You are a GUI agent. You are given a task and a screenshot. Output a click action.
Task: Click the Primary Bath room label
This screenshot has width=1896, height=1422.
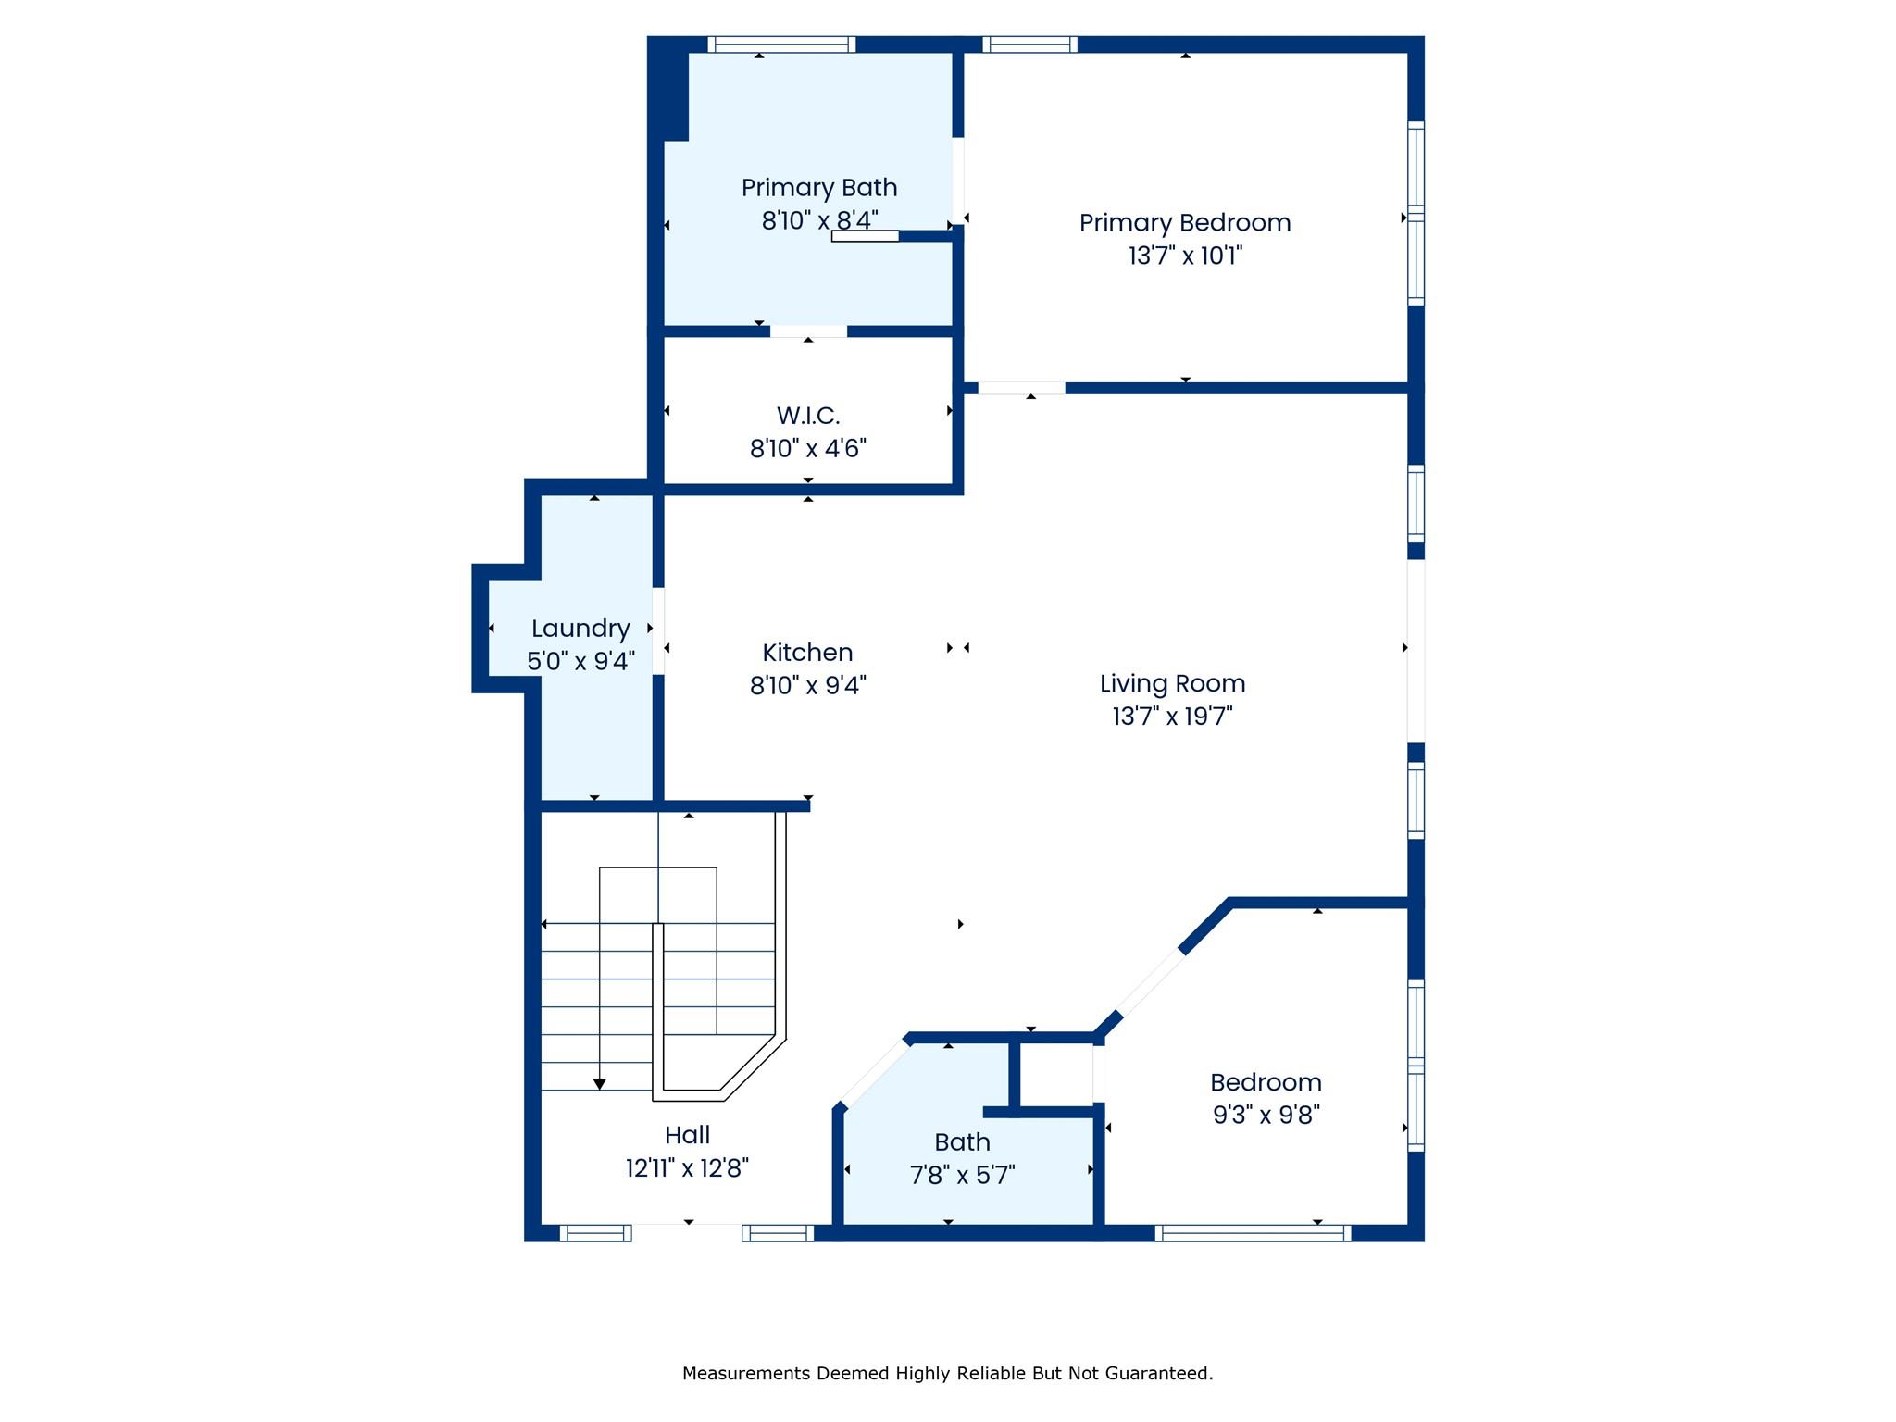[818, 188]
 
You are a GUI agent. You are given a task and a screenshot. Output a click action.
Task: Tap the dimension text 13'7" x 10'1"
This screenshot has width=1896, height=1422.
[1184, 256]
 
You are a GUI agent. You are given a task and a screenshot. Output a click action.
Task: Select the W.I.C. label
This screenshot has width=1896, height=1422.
[807, 415]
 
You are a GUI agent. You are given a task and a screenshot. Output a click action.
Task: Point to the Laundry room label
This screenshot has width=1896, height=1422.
[580, 629]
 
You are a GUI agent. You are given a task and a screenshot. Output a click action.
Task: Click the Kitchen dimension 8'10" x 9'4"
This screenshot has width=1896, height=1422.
[807, 686]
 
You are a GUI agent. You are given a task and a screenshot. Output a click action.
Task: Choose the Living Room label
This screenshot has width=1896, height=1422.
[1172, 683]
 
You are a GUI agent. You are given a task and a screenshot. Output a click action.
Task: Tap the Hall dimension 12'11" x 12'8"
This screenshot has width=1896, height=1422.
[687, 1168]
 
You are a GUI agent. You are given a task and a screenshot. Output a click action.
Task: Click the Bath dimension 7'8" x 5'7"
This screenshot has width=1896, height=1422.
[962, 1176]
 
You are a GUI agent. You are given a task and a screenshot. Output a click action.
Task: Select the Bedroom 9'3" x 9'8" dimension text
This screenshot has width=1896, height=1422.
[1266, 1115]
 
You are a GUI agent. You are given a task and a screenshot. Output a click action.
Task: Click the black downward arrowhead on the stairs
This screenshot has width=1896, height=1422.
[599, 1084]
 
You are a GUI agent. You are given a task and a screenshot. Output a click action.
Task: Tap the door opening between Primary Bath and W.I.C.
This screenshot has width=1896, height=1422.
[808, 331]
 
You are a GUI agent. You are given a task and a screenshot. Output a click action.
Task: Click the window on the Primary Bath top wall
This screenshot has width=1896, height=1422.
[781, 44]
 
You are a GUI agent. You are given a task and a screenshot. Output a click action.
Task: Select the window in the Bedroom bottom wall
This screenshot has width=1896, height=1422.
[1253, 1232]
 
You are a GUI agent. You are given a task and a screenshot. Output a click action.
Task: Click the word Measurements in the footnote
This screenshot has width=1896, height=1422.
[745, 1374]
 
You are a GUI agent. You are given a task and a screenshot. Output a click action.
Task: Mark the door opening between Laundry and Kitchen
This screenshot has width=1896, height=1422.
[658, 630]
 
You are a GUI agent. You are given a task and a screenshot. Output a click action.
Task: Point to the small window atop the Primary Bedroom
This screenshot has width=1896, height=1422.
[1029, 44]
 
